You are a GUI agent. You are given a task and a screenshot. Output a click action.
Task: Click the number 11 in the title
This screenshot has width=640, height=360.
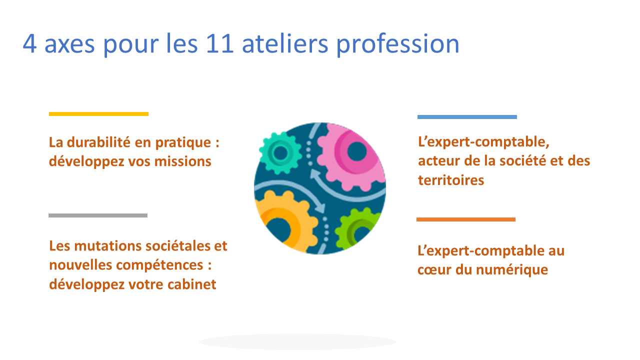tap(219, 43)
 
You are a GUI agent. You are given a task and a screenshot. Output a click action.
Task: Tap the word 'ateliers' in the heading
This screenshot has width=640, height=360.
tap(285, 43)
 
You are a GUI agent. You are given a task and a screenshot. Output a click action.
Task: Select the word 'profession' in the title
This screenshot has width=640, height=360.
tap(397, 44)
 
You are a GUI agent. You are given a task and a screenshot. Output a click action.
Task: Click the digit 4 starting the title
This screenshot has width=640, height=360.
tap(29, 43)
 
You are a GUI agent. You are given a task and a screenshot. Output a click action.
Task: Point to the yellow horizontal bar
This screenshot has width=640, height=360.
tap(98, 114)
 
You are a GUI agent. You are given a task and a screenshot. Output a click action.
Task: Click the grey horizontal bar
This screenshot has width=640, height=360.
tap(98, 215)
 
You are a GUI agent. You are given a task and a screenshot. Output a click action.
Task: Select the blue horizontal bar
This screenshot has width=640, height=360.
tap(467, 117)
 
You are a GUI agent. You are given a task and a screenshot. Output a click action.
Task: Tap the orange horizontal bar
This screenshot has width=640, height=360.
tap(466, 219)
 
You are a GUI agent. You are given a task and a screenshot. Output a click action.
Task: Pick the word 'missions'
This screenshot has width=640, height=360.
tap(183, 161)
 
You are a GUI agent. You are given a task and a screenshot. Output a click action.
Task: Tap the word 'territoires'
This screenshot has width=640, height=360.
tap(451, 180)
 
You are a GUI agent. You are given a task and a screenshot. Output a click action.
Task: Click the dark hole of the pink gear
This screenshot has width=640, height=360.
tap(357, 151)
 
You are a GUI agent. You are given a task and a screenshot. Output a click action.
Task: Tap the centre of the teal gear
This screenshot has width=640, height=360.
tap(280, 153)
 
